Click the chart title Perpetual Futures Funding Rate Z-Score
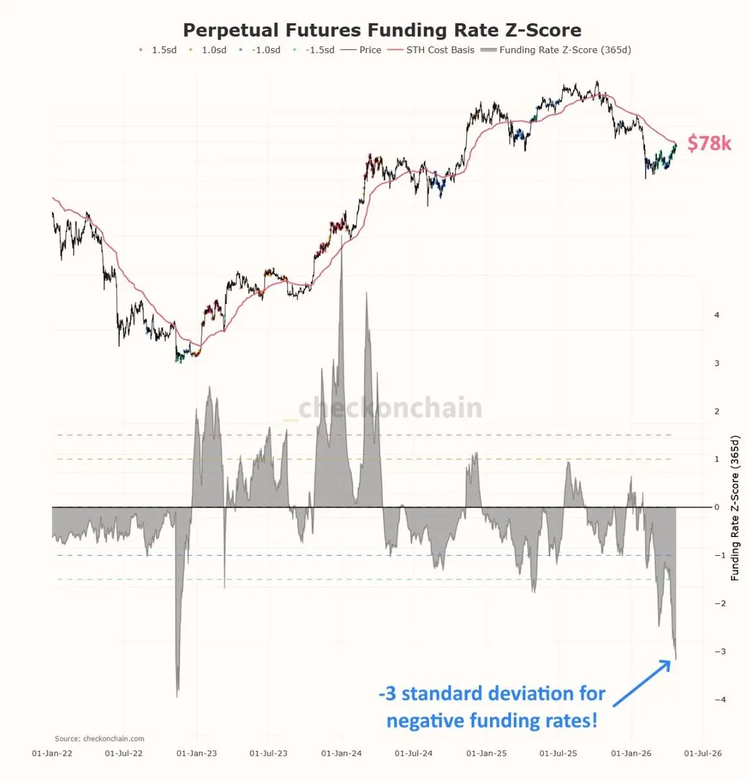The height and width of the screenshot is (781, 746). (x=382, y=30)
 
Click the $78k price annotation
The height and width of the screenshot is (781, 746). (x=710, y=143)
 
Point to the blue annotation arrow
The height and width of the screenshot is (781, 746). (x=641, y=683)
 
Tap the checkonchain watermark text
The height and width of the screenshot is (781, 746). (x=390, y=408)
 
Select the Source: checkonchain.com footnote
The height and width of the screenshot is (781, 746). (x=100, y=739)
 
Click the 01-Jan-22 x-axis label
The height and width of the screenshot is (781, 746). (x=53, y=754)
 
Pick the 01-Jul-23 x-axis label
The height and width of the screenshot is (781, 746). (x=268, y=754)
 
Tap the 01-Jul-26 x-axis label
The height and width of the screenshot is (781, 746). (x=702, y=754)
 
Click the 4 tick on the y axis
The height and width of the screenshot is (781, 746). (x=717, y=315)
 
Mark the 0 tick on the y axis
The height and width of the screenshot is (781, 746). (x=717, y=507)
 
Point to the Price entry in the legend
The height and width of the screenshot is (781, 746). (x=370, y=50)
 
